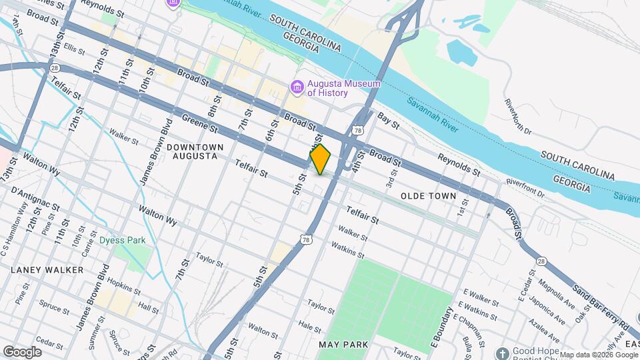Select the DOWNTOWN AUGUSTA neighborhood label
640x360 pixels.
[x=192, y=151]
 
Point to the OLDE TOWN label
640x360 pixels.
[x=429, y=196]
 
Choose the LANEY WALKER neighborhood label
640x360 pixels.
[x=47, y=270]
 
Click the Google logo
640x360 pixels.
[x=22, y=351]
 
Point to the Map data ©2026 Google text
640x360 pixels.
[x=598, y=355]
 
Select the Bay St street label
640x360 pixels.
[x=387, y=120]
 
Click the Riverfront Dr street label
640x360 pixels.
[x=525, y=187]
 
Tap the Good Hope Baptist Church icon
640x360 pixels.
[x=503, y=351]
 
